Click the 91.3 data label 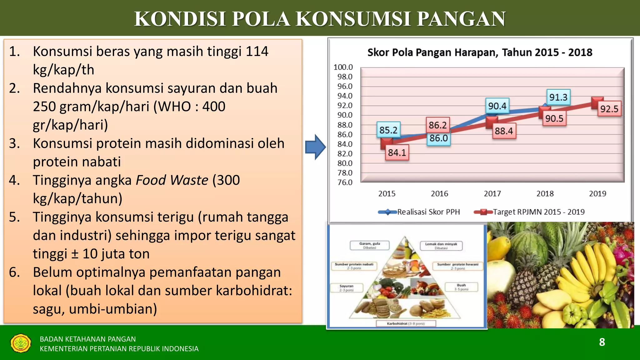coord(558,97)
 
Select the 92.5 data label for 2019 coord(609,109)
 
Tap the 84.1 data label coord(397,152)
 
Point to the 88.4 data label coord(503,131)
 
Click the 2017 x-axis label coord(492,194)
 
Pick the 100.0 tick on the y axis coord(343,67)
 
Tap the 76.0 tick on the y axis coord(344,182)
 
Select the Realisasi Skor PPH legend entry coord(428,212)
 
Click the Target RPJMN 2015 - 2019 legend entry coord(538,212)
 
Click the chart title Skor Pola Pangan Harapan coord(479,52)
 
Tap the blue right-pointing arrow coord(316,147)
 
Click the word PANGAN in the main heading coord(461,18)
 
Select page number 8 coord(602,342)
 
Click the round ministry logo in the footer coord(21,343)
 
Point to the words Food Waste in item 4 coord(172,180)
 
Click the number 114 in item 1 coord(257,51)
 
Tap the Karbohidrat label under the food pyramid coord(405,323)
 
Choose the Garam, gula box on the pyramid coord(369,245)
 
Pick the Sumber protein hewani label coord(457,266)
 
